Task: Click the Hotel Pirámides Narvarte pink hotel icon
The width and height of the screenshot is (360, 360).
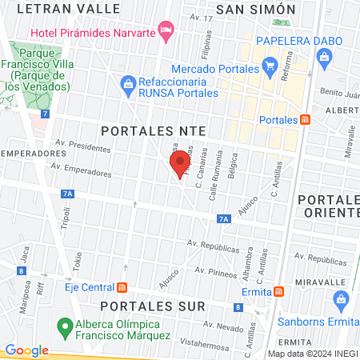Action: click(x=166, y=32)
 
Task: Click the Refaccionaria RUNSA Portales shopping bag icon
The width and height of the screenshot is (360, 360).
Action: click(x=127, y=82)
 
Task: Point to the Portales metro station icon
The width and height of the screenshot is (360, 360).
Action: click(x=305, y=120)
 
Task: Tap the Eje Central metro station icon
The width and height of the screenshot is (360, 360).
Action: click(x=122, y=287)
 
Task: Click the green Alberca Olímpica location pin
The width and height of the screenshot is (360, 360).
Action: click(x=63, y=327)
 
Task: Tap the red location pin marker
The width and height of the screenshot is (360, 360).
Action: click(x=178, y=166)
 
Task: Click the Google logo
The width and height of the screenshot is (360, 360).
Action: click(x=26, y=350)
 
